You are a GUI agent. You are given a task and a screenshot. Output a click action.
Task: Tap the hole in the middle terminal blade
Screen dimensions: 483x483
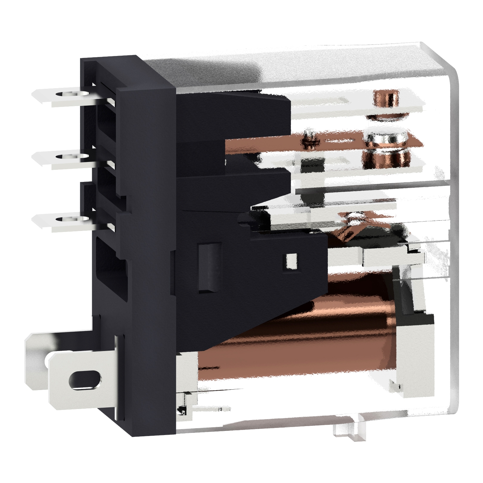[62, 157]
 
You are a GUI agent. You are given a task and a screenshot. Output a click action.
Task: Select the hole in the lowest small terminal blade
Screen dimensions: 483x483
[62, 219]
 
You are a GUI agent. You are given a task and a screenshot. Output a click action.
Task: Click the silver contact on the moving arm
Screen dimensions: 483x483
[385, 138]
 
